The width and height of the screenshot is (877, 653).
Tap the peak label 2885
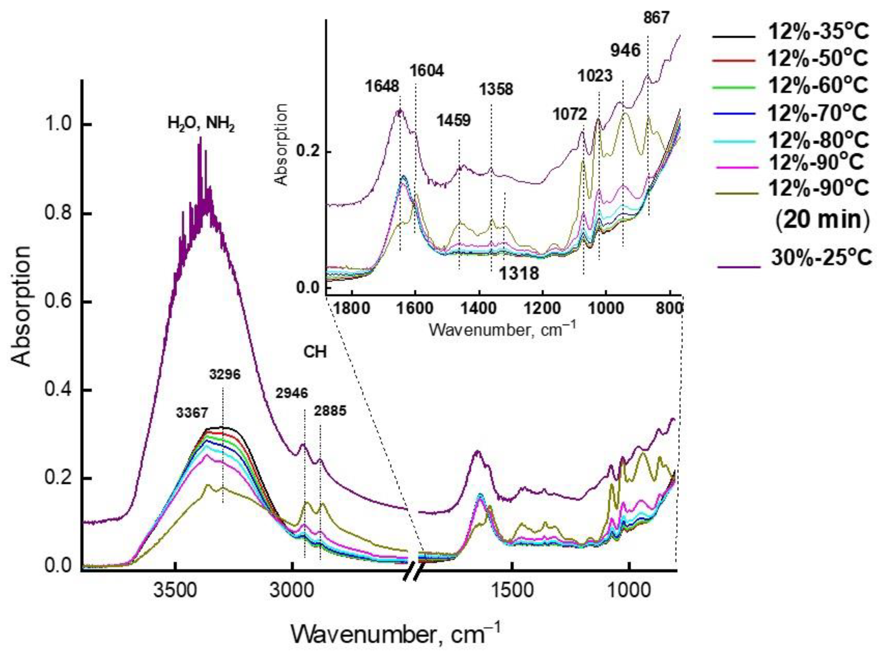point(330,411)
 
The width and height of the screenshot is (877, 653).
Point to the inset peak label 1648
point(382,86)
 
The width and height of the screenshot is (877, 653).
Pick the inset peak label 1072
point(569,114)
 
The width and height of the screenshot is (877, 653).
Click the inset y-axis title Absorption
point(282,145)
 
